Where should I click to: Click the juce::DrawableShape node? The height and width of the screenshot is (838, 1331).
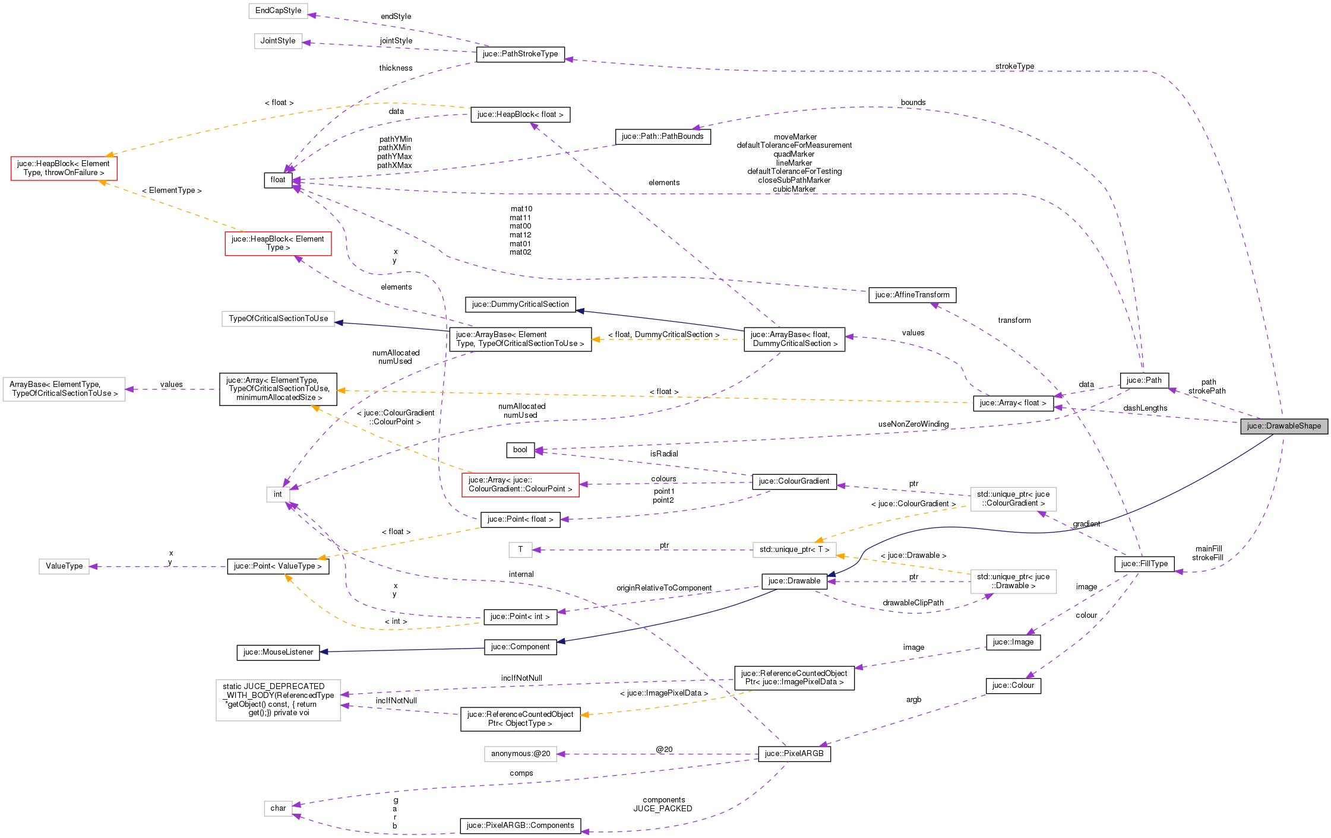pyautogui.click(x=1283, y=426)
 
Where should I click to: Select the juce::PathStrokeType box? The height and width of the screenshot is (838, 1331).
pyautogui.click(x=520, y=54)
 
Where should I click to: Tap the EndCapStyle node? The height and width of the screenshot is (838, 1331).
pyautogui.click(x=278, y=11)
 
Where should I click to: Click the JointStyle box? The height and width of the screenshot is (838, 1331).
pyautogui.click(x=278, y=41)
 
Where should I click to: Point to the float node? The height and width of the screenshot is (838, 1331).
pyautogui.click(x=278, y=180)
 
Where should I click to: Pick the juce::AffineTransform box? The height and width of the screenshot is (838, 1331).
pyautogui.click(x=912, y=295)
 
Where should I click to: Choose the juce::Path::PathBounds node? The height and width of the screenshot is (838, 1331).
pyautogui.click(x=662, y=137)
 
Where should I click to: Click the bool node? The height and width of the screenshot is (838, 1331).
pyautogui.click(x=520, y=450)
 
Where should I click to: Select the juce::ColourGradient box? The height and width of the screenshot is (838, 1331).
pyautogui.click(x=793, y=481)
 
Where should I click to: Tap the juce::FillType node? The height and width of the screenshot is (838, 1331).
pyautogui.click(x=1144, y=564)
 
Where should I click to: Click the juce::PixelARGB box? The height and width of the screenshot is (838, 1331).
pyautogui.click(x=793, y=754)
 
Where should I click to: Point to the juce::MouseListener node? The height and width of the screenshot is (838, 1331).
pyautogui.click(x=278, y=652)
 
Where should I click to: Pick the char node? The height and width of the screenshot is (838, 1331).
pyautogui.click(x=278, y=808)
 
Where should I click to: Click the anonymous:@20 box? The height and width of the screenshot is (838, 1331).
pyautogui.click(x=520, y=754)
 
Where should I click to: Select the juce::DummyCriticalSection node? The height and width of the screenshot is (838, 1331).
pyautogui.click(x=520, y=304)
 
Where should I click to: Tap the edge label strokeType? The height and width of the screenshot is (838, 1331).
pyautogui.click(x=1014, y=66)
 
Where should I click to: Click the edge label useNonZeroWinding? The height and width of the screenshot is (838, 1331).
pyautogui.click(x=913, y=424)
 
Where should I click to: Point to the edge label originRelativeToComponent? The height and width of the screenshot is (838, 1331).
pyautogui.click(x=663, y=588)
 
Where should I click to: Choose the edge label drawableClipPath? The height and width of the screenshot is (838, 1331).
pyautogui.click(x=913, y=603)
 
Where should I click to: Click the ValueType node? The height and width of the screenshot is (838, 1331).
pyautogui.click(x=64, y=566)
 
